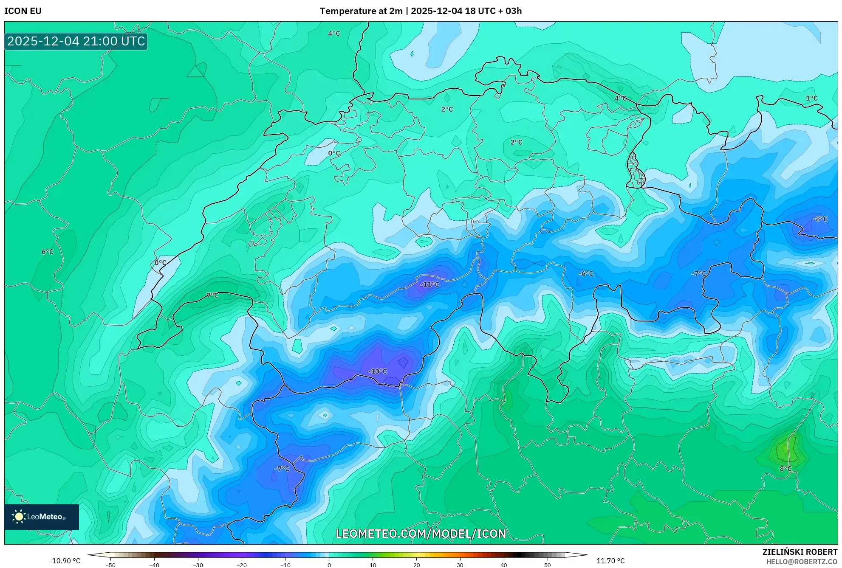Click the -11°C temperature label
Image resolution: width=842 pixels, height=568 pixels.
point(429,284)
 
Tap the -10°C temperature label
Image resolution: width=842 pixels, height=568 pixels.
point(378,371)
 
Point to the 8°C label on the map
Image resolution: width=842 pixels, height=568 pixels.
point(785,469)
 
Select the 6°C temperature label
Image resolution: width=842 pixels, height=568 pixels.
point(48,252)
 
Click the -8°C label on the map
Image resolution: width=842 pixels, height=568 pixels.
point(820,219)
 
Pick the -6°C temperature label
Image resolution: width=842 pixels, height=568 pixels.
point(586,274)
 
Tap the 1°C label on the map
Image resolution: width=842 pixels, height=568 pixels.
point(811,98)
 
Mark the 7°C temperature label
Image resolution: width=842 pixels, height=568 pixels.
point(212,295)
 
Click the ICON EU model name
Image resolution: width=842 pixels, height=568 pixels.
point(23,11)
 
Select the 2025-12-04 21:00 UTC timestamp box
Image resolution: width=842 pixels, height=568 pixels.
point(76,42)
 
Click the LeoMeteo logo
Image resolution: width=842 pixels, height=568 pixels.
point(42,517)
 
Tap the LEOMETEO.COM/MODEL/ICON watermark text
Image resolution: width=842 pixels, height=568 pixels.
point(421,534)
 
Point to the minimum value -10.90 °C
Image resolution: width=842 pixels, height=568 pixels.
point(65,561)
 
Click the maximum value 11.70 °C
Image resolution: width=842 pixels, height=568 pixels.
point(610,561)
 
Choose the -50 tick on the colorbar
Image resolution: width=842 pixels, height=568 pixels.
point(110,565)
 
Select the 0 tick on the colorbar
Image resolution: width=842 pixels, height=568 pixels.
point(329,565)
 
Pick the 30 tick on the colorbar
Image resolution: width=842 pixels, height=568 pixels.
point(460,565)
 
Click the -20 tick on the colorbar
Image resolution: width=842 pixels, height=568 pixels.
point(241,565)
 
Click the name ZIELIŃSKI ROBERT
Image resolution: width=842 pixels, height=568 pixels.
point(800,552)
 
